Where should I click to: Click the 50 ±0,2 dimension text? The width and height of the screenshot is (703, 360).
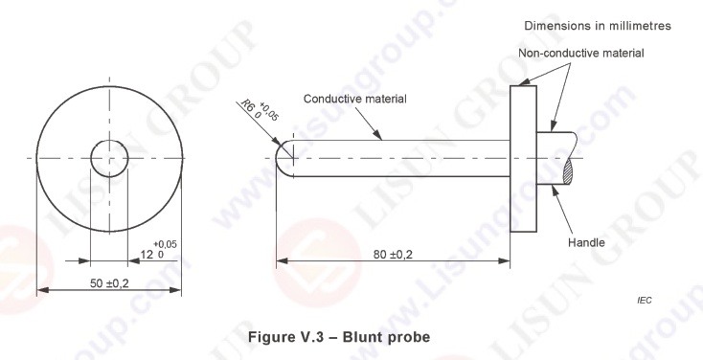[x=109, y=283]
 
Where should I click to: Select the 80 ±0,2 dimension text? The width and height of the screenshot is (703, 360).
[x=394, y=254]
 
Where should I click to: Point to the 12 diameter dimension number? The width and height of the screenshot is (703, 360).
[x=147, y=255]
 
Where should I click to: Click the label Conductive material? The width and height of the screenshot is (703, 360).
[x=355, y=99]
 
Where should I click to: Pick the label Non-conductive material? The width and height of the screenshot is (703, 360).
[x=581, y=53]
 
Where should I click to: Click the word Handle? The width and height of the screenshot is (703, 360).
[x=586, y=242]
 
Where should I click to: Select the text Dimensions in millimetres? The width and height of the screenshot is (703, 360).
[x=598, y=26]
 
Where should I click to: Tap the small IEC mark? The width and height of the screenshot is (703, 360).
[x=645, y=301]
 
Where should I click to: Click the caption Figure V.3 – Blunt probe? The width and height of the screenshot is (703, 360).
[x=339, y=337]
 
